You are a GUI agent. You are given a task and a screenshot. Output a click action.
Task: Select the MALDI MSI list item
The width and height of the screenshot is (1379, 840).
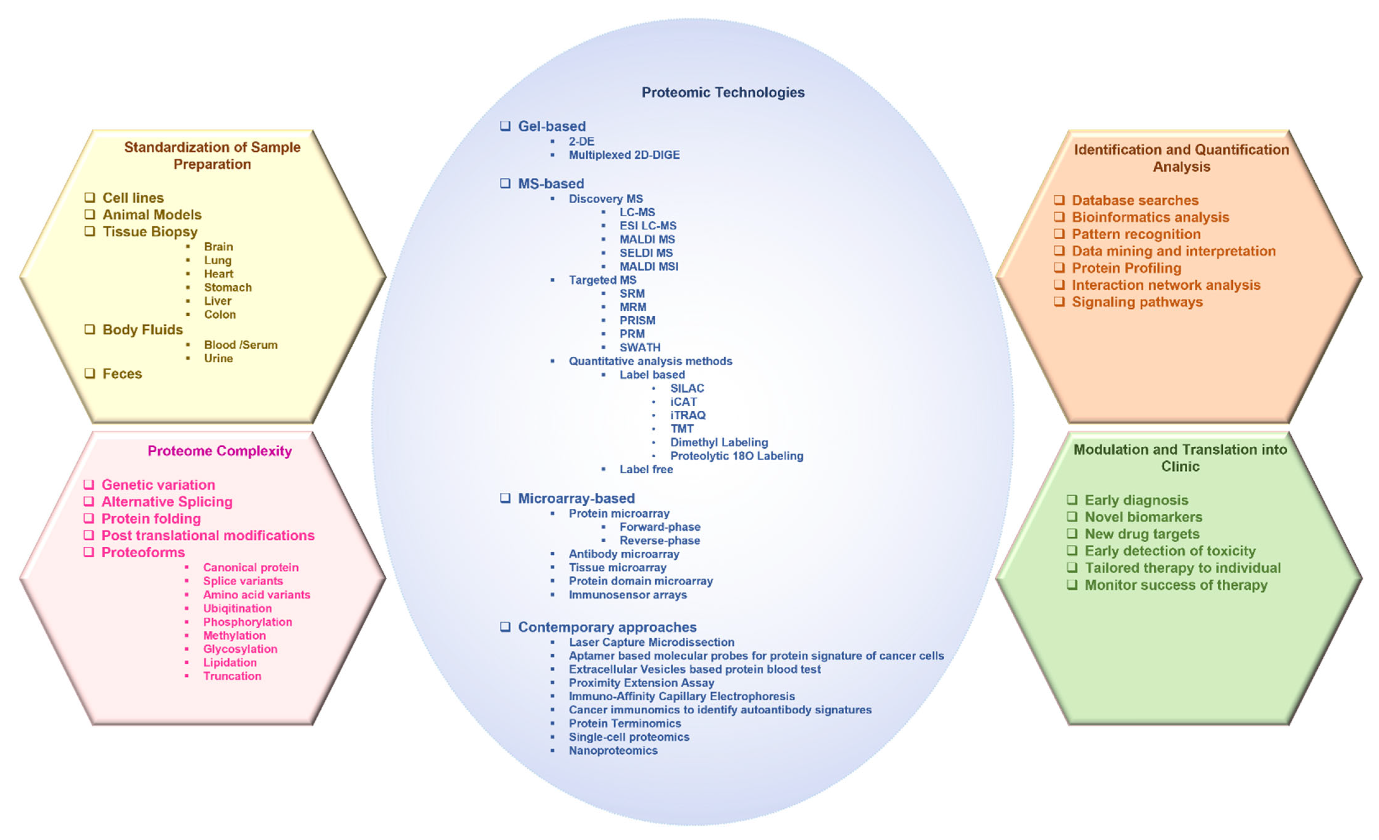pyautogui.click(x=649, y=267)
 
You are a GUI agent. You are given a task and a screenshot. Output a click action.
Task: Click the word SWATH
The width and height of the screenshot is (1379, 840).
pyautogui.click(x=640, y=348)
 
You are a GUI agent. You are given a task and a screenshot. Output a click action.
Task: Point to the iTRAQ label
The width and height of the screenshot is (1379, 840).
pyautogui.click(x=688, y=416)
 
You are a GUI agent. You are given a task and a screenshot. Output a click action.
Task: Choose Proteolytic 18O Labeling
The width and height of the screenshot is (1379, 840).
pyautogui.click(x=736, y=456)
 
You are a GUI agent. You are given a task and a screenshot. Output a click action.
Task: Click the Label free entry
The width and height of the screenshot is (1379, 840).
pyautogui.click(x=646, y=470)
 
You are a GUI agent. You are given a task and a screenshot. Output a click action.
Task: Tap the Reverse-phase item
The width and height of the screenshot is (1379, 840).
pyautogui.click(x=659, y=541)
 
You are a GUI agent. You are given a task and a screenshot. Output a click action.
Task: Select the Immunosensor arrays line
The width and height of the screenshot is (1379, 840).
pyautogui.click(x=627, y=595)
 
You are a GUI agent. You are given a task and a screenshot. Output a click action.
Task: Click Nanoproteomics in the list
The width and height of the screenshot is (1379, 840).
pyautogui.click(x=613, y=751)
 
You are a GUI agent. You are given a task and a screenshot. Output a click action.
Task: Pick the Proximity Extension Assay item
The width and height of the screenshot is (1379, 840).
pyautogui.click(x=641, y=684)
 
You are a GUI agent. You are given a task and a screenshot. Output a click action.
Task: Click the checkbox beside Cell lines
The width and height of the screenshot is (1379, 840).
pyautogui.click(x=89, y=197)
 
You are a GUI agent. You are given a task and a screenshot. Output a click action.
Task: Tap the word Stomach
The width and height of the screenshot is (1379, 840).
pyautogui.click(x=228, y=287)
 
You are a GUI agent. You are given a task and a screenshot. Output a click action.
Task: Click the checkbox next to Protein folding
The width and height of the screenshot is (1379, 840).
pyautogui.click(x=89, y=518)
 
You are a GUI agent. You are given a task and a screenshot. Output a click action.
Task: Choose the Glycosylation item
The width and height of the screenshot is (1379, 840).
pyautogui.click(x=240, y=649)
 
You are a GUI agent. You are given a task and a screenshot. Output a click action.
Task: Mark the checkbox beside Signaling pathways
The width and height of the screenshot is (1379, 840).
pyautogui.click(x=1059, y=302)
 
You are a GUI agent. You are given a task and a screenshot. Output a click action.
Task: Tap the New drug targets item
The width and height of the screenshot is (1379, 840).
pyautogui.click(x=1142, y=534)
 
